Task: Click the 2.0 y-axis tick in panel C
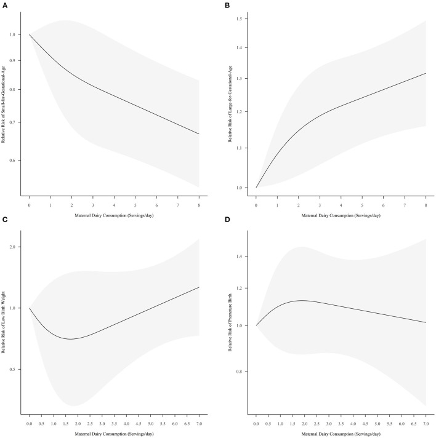pos(14,247)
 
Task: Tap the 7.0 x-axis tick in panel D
pos(426,424)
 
